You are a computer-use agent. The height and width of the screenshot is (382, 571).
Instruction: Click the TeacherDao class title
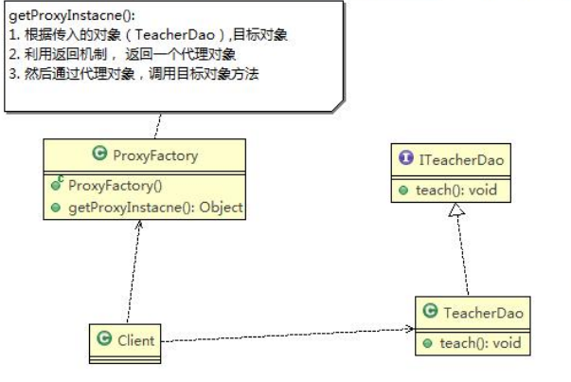[x=480, y=311]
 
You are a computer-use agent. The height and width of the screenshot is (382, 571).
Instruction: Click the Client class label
[x=135, y=337]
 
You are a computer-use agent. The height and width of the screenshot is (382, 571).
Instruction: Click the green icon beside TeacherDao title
[x=430, y=311]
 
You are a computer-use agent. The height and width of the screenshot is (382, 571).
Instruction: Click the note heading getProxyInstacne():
[x=59, y=16]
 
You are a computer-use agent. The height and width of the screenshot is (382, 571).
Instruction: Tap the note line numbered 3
[x=133, y=73]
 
